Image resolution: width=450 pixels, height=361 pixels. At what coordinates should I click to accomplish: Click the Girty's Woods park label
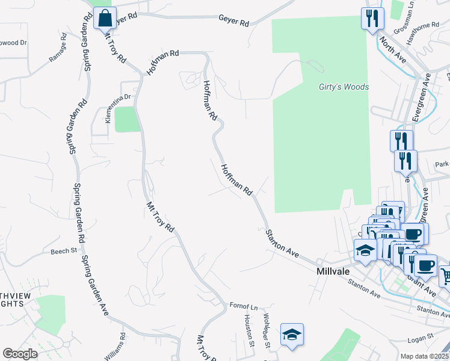[x=344, y=87]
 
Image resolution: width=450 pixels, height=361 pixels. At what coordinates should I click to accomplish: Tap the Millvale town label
[x=333, y=271]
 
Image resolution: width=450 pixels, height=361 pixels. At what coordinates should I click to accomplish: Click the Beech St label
[x=64, y=251]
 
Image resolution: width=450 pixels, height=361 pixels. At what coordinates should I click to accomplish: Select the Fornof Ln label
[x=244, y=306]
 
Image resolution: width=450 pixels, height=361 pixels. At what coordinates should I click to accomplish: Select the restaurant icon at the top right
[x=372, y=18]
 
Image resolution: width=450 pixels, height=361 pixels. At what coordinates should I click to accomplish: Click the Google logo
[x=20, y=354]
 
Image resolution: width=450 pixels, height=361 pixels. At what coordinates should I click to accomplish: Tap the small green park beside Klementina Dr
[x=128, y=119]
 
